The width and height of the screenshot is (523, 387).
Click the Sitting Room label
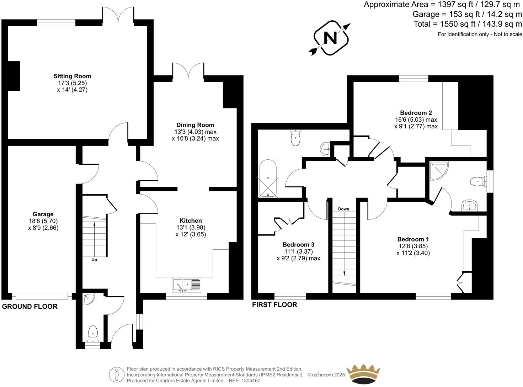click(x=72, y=76)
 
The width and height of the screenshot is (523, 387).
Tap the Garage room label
click(x=43, y=214)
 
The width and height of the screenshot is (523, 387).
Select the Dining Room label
click(x=195, y=125)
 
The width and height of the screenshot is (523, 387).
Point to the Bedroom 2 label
click(x=416, y=113)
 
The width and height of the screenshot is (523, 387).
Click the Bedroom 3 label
click(x=298, y=245)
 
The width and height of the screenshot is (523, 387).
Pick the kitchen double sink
click(x=187, y=285)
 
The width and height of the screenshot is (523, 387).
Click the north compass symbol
click(x=331, y=38)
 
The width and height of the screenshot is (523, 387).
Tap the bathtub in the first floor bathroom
click(x=268, y=178)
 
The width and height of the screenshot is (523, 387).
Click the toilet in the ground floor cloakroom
click(x=93, y=333)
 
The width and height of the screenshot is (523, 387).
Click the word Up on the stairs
click(x=94, y=260)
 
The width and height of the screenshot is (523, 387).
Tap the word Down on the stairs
click(x=343, y=209)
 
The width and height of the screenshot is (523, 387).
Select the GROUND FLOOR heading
click(x=30, y=307)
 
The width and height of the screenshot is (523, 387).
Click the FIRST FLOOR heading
click(x=274, y=305)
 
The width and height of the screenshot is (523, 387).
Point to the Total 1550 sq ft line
click(x=468, y=24)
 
